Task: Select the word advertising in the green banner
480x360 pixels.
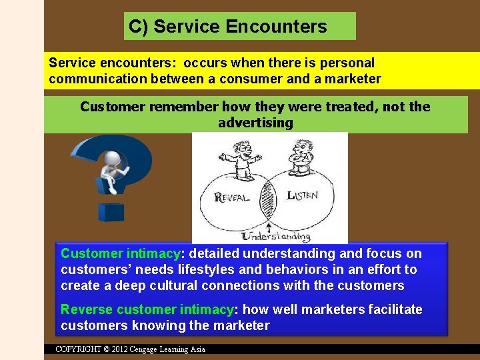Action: pos(255,123)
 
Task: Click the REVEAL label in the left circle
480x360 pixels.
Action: pos(232,197)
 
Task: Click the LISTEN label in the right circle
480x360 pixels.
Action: pos(302,195)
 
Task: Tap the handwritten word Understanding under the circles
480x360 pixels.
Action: pos(276,236)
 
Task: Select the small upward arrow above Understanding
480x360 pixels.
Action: pos(268,228)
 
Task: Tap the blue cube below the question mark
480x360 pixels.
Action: pos(111,212)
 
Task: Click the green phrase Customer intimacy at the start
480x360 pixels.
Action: pos(120,253)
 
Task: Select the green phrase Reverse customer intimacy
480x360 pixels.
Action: pos(147,309)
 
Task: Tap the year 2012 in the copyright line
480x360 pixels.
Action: pos(120,349)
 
